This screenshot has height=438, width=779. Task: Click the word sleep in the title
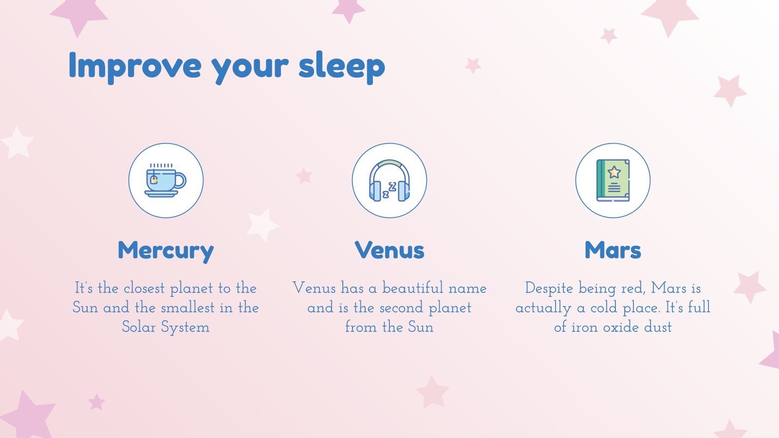(x=341, y=65)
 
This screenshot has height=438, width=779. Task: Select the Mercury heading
(x=166, y=251)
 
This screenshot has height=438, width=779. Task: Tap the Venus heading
(x=389, y=250)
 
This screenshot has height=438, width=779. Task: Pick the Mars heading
(x=612, y=250)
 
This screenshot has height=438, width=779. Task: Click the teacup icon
(x=166, y=181)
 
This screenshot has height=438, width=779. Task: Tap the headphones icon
(x=389, y=181)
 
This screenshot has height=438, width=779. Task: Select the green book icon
(x=613, y=181)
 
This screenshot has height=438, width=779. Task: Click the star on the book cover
(x=614, y=172)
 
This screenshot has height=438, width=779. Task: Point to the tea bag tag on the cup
(x=154, y=180)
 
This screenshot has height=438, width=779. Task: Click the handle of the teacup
(x=181, y=181)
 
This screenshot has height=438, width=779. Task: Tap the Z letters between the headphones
(x=389, y=190)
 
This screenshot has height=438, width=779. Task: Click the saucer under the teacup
(x=162, y=194)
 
